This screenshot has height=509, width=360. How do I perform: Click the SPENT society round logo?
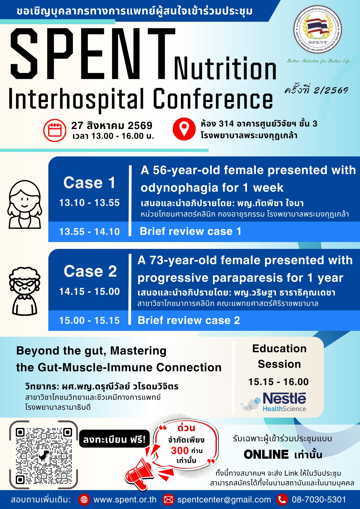[317, 30]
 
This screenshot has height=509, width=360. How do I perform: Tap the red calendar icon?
[55, 130]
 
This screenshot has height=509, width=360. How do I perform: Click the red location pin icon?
[184, 129]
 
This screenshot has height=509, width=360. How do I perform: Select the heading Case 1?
[89, 182]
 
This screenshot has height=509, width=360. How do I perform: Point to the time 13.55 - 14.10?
[89, 232]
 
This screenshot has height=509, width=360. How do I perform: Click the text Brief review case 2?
[189, 320]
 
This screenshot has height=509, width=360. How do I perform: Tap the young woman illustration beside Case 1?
[25, 204]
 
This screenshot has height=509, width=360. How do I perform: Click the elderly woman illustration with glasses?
[25, 291]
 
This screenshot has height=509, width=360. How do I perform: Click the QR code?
[44, 455]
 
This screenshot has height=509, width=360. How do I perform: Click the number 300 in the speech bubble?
[180, 450]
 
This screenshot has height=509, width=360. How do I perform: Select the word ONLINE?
[266, 455]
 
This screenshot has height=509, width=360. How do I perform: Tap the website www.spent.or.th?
[125, 500]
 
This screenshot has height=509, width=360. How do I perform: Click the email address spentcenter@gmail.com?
[224, 500]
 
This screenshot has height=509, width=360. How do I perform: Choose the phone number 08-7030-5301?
[319, 500]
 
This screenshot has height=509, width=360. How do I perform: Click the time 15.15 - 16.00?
[279, 382]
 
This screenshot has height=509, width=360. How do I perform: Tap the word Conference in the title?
[213, 99]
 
